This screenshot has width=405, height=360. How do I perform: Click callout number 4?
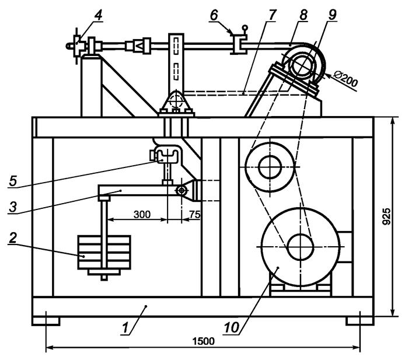(98, 16)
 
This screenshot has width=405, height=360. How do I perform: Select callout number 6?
(214, 16)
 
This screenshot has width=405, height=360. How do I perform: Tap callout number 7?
(273, 16)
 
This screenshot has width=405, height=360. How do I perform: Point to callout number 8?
(303, 16)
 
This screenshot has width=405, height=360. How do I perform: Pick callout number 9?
(332, 15)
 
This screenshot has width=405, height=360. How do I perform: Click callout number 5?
(13, 180)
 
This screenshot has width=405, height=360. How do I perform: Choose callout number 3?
(12, 207)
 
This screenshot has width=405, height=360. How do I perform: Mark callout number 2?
(13, 237)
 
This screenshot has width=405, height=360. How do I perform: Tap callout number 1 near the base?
(125, 328)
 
